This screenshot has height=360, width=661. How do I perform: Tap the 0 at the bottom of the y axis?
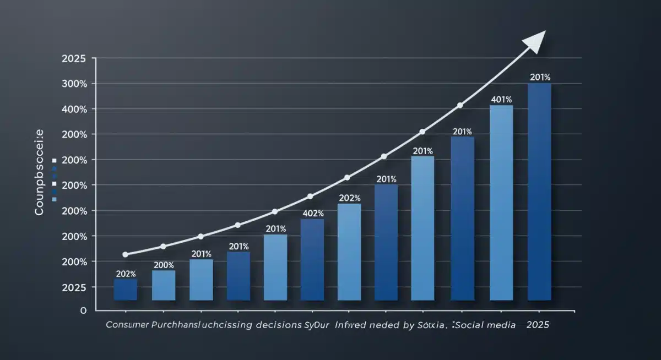tap(84, 310)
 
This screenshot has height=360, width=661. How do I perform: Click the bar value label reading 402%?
tap(312, 214)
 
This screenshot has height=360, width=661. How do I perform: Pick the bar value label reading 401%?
tap(501, 100)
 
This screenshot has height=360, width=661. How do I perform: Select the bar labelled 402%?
tap(312, 259)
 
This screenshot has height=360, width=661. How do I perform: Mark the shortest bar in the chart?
tap(126, 290)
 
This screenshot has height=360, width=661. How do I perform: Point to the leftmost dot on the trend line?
tap(125, 254)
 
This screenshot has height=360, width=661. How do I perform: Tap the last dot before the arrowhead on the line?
tap(460, 105)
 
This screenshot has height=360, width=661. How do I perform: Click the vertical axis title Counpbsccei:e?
tap(40, 172)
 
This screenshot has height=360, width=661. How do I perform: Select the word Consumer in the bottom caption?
tap(127, 325)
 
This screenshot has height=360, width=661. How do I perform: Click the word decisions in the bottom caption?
tap(278, 325)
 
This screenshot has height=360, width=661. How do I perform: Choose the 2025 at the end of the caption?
tap(538, 325)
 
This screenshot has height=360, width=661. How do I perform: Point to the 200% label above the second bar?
tap(164, 265)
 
